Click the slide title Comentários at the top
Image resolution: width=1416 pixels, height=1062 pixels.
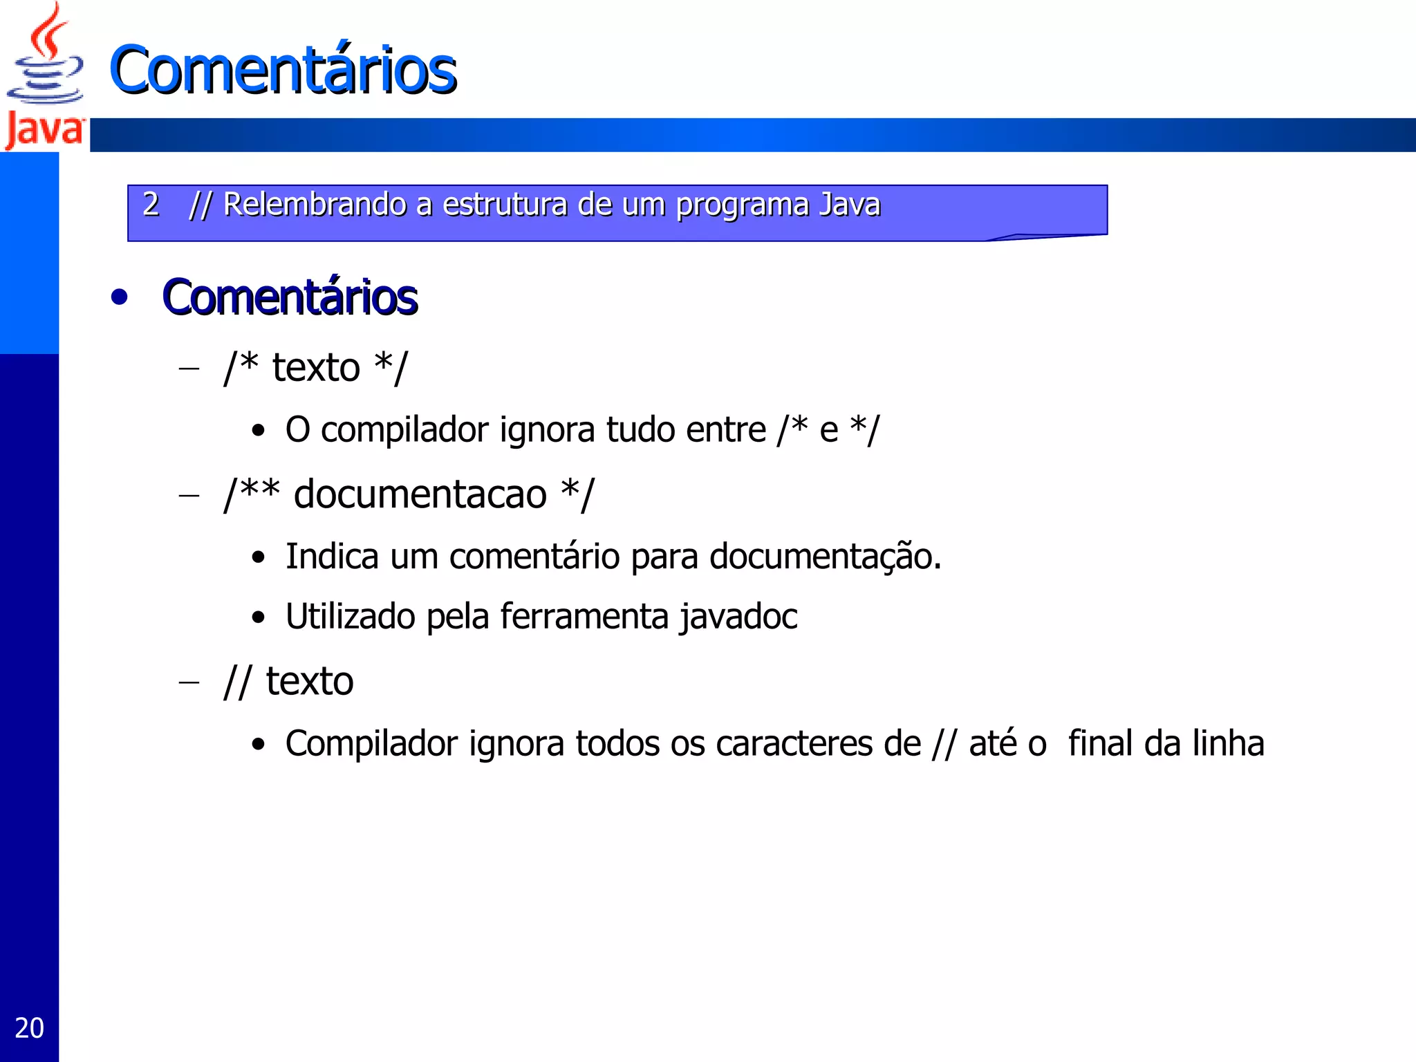283,70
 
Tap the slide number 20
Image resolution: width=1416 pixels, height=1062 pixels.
29,1028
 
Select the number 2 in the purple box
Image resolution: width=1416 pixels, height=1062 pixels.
151,204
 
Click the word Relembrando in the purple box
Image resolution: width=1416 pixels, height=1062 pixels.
315,205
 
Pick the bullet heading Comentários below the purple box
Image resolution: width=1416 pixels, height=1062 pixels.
290,297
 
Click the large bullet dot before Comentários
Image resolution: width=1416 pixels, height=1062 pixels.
120,297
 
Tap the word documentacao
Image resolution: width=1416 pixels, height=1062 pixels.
420,494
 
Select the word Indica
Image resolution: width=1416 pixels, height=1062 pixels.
332,557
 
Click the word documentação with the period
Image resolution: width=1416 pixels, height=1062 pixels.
825,557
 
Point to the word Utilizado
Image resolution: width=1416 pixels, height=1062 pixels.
350,617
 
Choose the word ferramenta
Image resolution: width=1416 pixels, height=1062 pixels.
584,617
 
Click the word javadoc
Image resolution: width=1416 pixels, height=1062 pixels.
738,617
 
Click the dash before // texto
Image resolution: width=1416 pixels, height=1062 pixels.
189,682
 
